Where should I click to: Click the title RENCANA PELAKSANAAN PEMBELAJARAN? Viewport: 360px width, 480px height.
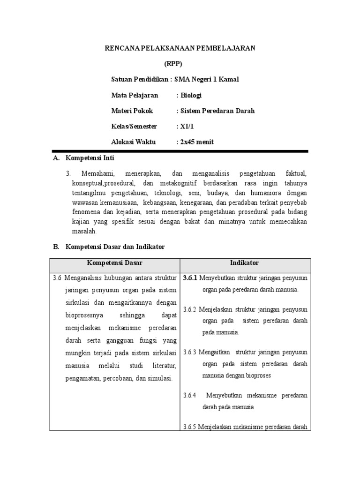180,48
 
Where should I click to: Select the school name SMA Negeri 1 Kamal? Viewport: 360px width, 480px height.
207,79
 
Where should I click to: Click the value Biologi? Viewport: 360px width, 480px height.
189,95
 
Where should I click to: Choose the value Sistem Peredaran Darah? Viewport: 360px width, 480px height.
215,111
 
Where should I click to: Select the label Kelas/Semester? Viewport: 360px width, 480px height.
134,127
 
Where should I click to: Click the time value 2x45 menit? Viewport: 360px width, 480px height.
195,142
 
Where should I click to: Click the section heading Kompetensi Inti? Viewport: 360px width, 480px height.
90,158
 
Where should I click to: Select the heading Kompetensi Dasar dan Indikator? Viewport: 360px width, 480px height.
115,246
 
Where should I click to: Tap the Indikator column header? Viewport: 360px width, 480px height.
244,263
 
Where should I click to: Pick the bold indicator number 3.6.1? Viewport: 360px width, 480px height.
191,278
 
